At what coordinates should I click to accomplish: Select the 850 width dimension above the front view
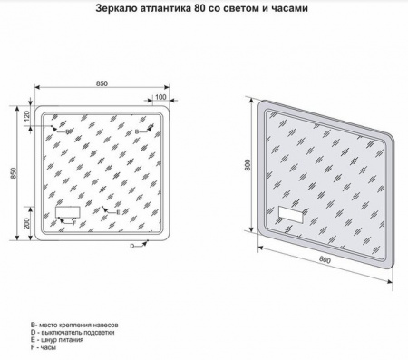click(x=102, y=83)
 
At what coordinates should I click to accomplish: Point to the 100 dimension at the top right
click(x=160, y=98)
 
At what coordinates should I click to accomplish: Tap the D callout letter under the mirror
click(x=131, y=247)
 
